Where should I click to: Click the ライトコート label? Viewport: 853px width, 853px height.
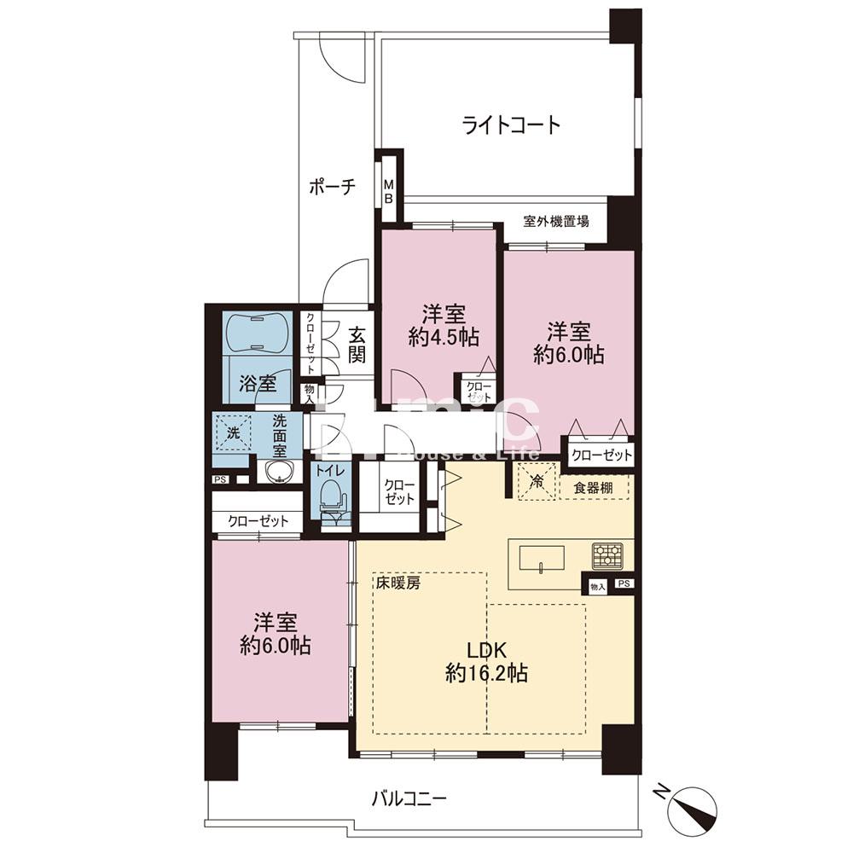(x=512, y=125)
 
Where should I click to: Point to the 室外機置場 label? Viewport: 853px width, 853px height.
(x=556, y=222)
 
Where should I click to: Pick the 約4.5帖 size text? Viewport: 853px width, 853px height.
(x=443, y=338)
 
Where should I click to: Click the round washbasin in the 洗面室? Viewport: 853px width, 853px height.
(x=277, y=472)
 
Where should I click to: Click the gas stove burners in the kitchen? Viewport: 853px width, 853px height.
(x=608, y=556)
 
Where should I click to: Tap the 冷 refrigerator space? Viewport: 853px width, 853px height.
(x=537, y=481)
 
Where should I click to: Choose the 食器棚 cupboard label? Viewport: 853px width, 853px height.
(x=591, y=488)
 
